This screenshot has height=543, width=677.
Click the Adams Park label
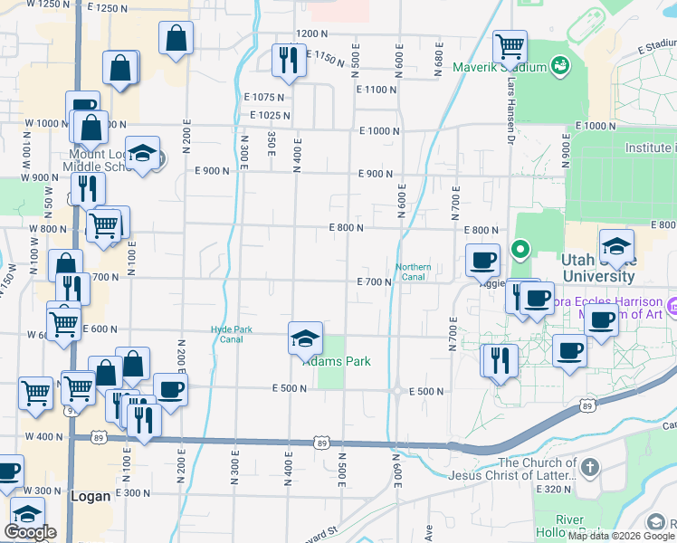[x=337, y=361]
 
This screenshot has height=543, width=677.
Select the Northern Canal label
[x=413, y=271]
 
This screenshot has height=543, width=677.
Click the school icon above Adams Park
[x=305, y=339]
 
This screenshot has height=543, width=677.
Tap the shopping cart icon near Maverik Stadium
[x=510, y=45]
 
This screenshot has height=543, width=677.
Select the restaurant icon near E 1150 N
[x=288, y=60]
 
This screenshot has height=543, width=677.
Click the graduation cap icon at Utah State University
[x=615, y=246]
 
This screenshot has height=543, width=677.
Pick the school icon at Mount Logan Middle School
[x=142, y=154]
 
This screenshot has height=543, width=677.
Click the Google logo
[x=30, y=532]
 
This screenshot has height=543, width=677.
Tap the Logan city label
[x=91, y=496]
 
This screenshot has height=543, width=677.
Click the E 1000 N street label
[x=379, y=131]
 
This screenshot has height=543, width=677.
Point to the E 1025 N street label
[x=270, y=115]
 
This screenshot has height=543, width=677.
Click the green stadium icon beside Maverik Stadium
[x=560, y=66]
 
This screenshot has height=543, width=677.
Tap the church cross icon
[x=589, y=468]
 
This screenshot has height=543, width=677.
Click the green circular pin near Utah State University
[x=520, y=246]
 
